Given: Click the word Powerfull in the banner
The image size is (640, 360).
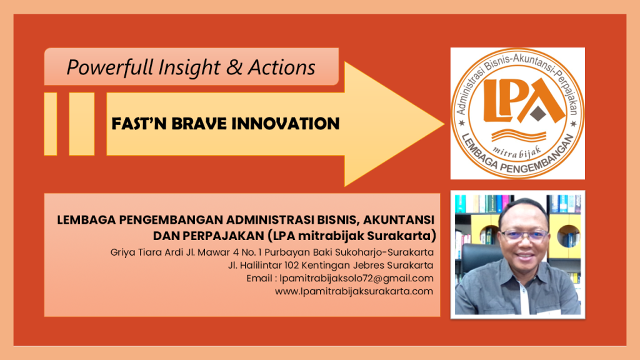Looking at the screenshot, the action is click(x=110, y=67).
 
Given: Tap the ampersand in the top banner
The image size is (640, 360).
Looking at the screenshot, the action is click(x=234, y=67).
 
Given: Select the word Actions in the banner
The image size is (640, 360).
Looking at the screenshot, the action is click(x=282, y=67).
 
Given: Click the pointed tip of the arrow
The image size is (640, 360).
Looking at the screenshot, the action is click(x=444, y=124).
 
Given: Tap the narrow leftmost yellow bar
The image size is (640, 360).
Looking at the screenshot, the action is click(x=51, y=124).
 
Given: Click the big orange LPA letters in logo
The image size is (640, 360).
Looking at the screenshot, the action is click(x=518, y=101).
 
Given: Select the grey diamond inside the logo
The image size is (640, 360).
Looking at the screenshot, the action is click(x=538, y=114).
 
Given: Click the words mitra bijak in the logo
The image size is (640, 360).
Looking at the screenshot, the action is click(x=517, y=153).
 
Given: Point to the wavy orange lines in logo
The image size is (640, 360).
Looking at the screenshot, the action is click(x=519, y=135).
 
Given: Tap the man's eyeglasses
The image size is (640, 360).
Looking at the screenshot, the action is click(x=524, y=235).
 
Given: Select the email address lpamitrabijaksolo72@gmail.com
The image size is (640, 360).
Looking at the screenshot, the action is click(x=356, y=278).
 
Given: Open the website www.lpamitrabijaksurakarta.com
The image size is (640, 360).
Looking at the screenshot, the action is click(x=354, y=291).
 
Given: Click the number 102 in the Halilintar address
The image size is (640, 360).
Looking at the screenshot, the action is click(x=292, y=265).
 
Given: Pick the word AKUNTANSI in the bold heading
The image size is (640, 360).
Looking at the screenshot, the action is click(x=398, y=219).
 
